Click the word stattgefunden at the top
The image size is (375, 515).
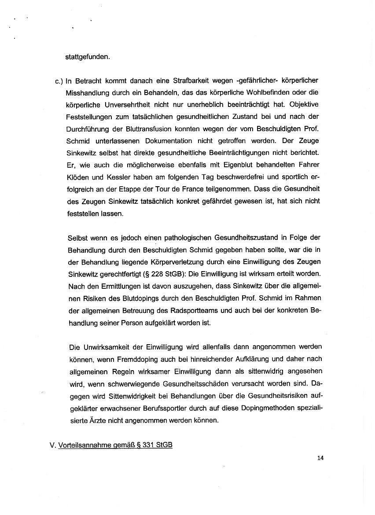(x=88, y=57)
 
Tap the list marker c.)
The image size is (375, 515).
(x=59, y=81)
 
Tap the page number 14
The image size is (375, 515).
(x=320, y=458)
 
